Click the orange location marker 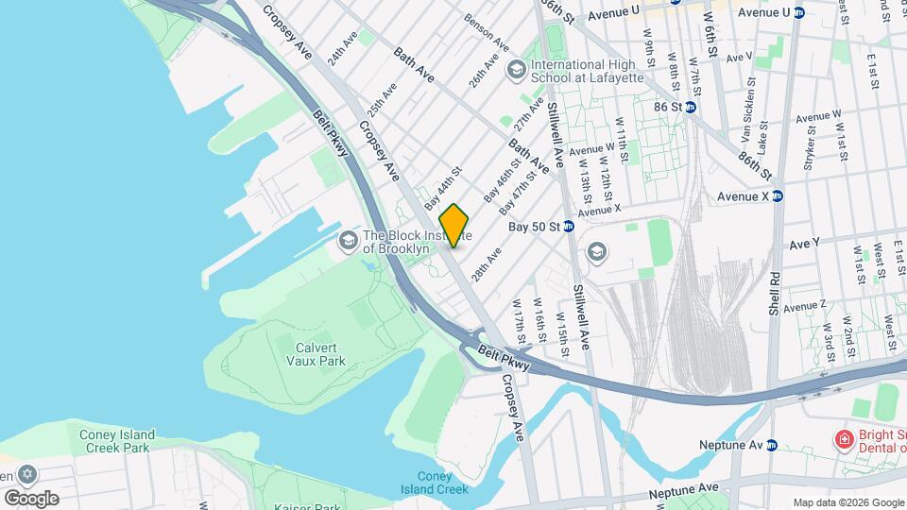(x=454, y=225)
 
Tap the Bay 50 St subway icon (x=569, y=227)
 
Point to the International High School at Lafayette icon (x=516, y=68)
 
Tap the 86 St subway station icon (x=690, y=108)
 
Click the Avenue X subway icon (x=778, y=196)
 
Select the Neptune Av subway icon (x=771, y=444)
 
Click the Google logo (x=31, y=498)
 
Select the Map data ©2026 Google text (x=847, y=502)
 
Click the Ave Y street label (x=805, y=244)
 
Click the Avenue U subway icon (x=798, y=12)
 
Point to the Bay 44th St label (x=442, y=189)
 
